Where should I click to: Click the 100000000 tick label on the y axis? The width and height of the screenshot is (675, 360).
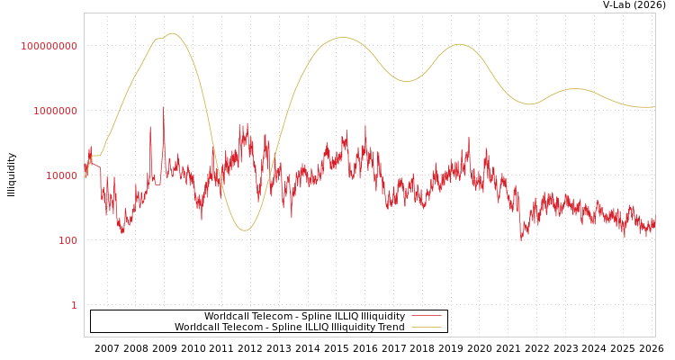point(49,46)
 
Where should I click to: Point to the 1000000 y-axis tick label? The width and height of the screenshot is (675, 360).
point(56,111)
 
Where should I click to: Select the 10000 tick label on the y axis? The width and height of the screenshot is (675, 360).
point(61,175)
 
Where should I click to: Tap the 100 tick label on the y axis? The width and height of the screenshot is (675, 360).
point(68,240)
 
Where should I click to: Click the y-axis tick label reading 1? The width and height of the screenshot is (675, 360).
point(74,305)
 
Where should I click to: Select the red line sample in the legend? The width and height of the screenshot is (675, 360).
point(427,316)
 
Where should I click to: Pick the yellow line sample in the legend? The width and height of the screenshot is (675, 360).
point(427,328)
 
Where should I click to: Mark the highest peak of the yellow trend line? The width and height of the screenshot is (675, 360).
point(172,33)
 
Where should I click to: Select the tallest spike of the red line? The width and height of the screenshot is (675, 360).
point(163,108)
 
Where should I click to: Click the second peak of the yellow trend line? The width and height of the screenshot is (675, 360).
point(342,38)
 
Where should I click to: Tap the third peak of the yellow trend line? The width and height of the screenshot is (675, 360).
point(460,44)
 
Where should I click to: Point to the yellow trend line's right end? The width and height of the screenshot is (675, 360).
point(654,107)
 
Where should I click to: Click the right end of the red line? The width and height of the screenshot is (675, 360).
point(654,220)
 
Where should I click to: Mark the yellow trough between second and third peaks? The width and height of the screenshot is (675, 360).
point(407,81)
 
